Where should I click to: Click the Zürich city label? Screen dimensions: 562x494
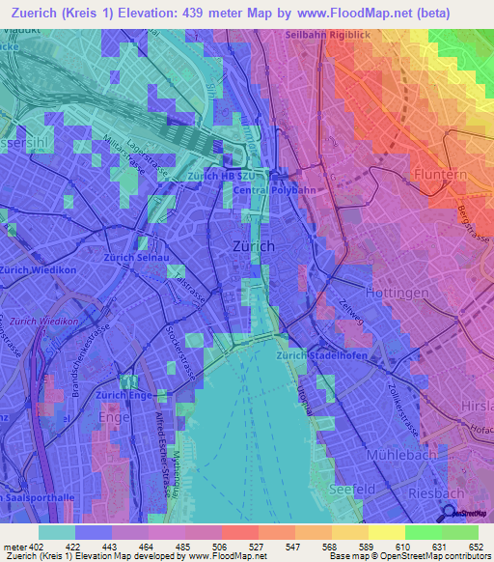[255, 246]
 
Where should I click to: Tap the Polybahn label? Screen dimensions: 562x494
[295, 191]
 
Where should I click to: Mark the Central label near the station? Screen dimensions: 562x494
[251, 191]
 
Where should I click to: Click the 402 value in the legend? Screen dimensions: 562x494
[37, 548]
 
